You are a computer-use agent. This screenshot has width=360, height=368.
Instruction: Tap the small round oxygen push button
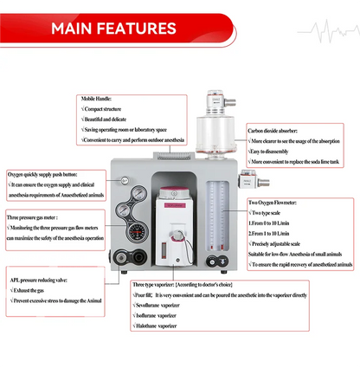(x=125, y=180)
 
